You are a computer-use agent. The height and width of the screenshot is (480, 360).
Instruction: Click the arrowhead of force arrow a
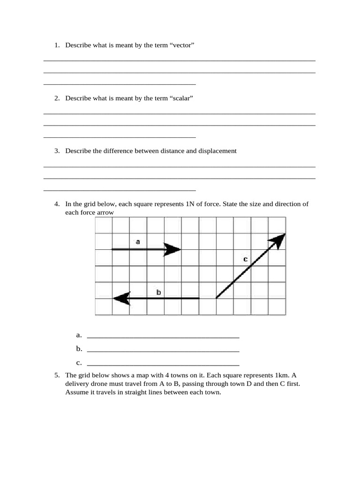173,250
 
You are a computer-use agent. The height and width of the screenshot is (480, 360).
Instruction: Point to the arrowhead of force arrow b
121,298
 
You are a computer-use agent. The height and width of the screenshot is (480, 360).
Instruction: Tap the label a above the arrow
138,242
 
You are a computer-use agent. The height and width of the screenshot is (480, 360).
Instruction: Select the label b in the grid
158,292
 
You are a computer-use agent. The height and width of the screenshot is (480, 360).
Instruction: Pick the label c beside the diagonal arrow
245,259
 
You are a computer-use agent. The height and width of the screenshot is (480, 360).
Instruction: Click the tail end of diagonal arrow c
216,298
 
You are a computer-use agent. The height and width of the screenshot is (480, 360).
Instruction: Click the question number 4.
57,204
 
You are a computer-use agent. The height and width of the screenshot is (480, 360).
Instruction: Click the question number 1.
57,45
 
